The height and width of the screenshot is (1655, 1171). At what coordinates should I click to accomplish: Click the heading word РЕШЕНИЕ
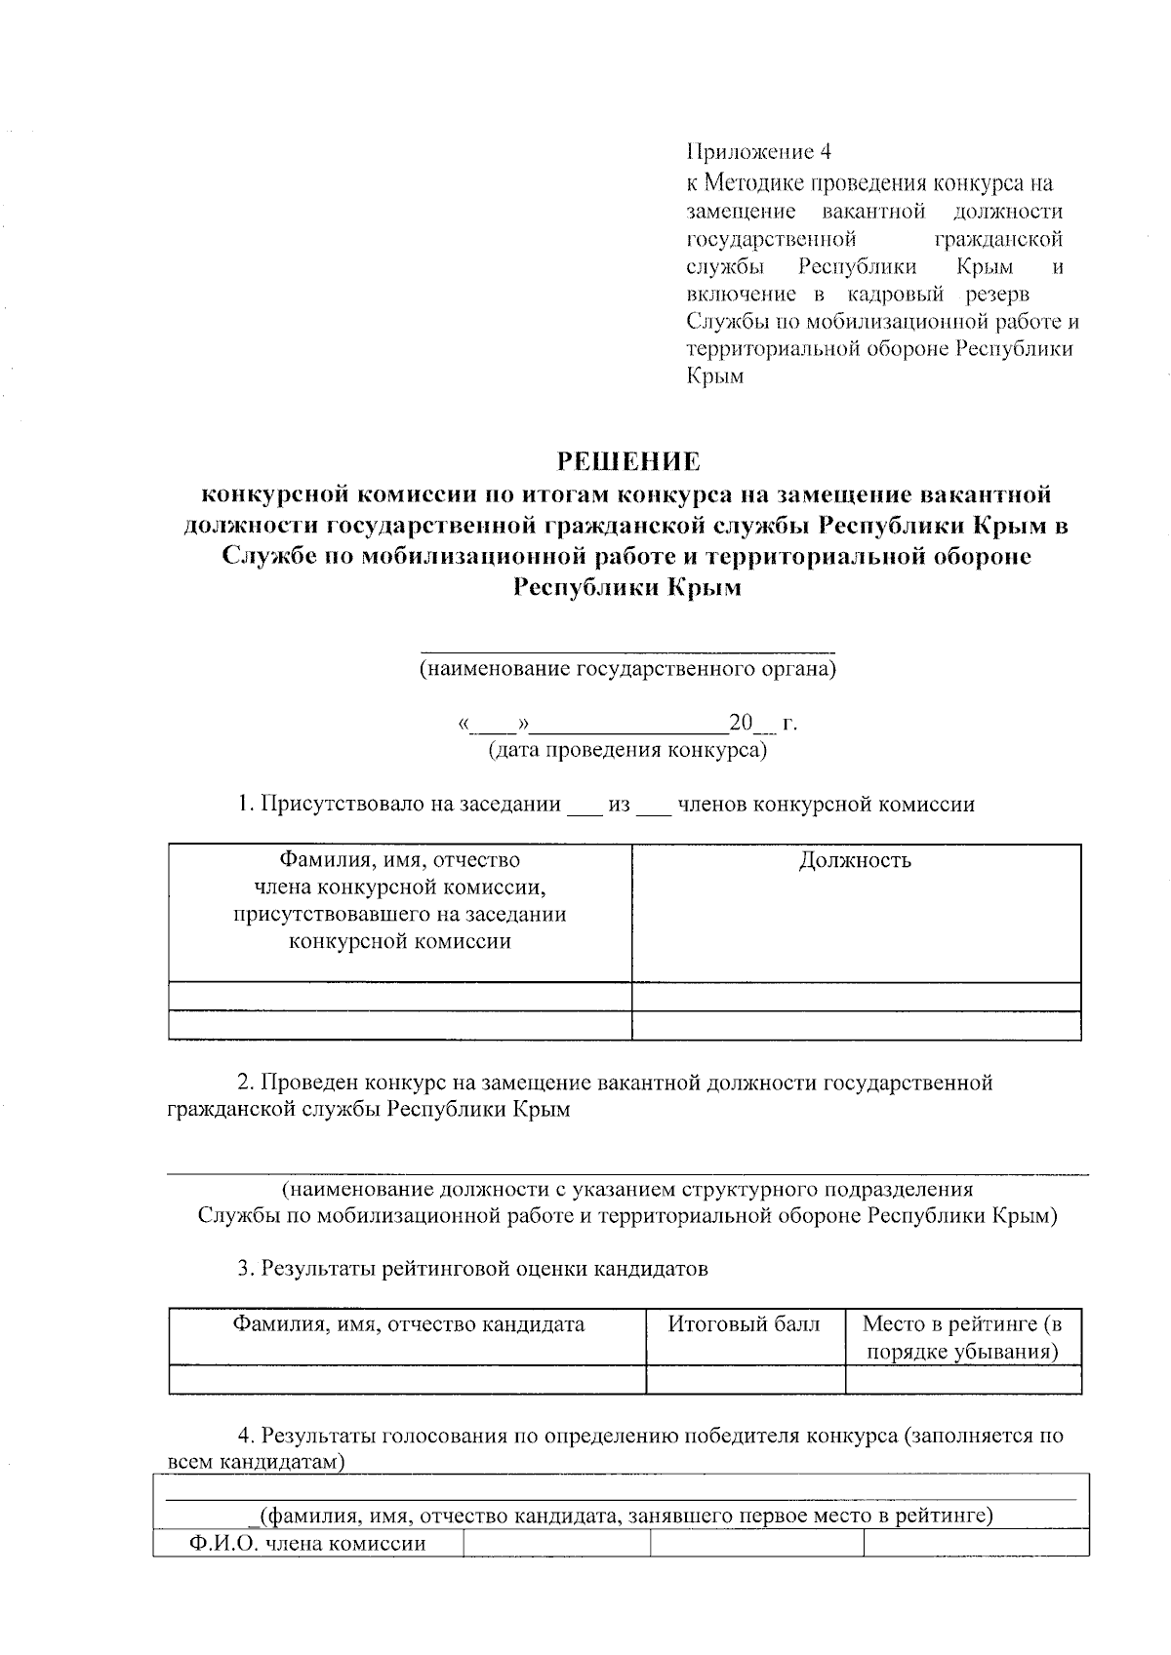pyautogui.click(x=628, y=459)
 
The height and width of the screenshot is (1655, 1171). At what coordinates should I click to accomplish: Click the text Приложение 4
pyautogui.click(x=758, y=152)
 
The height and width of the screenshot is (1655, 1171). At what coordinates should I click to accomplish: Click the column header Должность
pyautogui.click(x=855, y=860)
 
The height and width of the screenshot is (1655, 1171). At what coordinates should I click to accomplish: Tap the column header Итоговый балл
pyautogui.click(x=744, y=1324)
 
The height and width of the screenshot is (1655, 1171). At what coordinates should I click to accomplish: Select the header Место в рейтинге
pyautogui.click(x=962, y=1337)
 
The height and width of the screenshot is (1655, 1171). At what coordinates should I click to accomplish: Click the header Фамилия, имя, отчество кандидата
pyautogui.click(x=408, y=1324)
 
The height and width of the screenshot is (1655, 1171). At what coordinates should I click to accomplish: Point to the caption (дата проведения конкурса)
pyautogui.click(x=627, y=750)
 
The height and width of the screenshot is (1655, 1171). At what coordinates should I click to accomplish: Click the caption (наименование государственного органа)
pyautogui.click(x=627, y=669)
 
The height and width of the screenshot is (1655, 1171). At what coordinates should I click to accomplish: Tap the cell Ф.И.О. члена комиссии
pyautogui.click(x=307, y=1544)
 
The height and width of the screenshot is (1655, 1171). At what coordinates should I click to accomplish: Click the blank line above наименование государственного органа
pyautogui.click(x=627, y=647)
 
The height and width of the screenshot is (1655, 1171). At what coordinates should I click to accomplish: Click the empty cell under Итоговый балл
pyautogui.click(x=745, y=1379)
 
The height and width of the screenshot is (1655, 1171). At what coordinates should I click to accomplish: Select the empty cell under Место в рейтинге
pyautogui.click(x=962, y=1379)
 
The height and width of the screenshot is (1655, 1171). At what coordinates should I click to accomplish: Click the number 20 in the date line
pyautogui.click(x=740, y=723)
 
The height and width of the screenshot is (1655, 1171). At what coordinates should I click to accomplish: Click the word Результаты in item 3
pyautogui.click(x=318, y=1269)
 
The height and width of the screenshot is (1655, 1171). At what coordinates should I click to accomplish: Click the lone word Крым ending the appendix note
pyautogui.click(x=715, y=376)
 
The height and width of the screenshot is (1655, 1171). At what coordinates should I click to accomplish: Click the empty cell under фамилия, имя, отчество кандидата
pyautogui.click(x=408, y=1379)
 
